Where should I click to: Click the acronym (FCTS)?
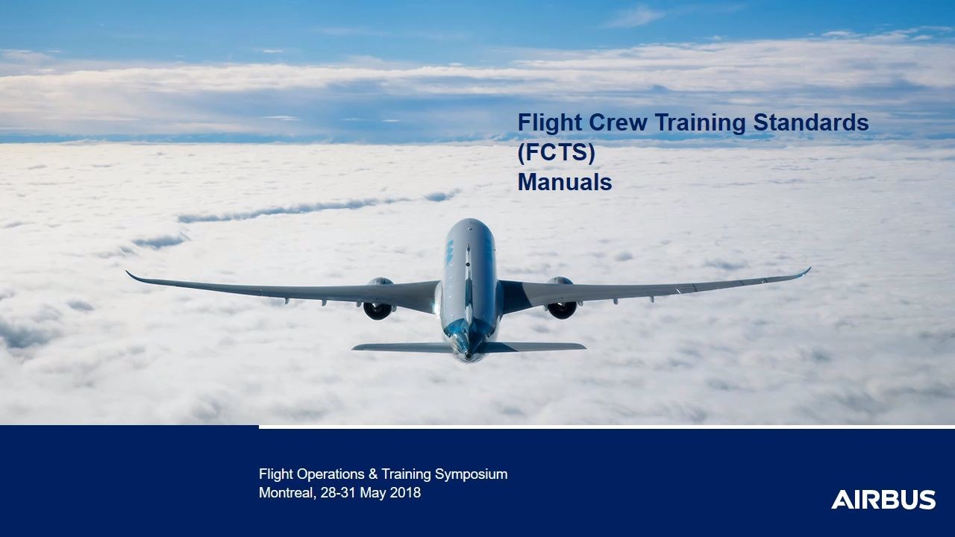(556, 153)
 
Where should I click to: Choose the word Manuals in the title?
(565, 182)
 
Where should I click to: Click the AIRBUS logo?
(883, 500)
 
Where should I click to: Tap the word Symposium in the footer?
(471, 474)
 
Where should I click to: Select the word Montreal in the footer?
(286, 493)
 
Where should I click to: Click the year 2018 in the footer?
(405, 493)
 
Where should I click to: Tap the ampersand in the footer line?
(372, 474)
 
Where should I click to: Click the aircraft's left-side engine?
(378, 302)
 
